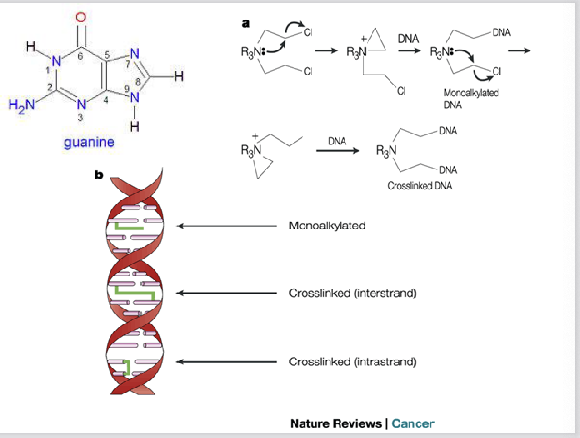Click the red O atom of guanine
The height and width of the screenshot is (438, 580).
coord(80,18)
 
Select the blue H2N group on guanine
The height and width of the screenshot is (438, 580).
coord(21,105)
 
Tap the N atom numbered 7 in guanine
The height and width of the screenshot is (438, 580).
coord(135,54)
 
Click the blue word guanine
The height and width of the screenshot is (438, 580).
coord(89,142)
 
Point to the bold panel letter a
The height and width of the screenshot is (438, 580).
coord(246,23)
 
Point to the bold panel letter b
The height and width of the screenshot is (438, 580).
coord(99,174)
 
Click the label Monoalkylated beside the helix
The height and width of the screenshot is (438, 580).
coord(327,226)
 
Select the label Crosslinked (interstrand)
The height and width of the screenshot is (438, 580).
coord(352,293)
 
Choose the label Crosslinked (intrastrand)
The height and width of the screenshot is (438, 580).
coord(352,362)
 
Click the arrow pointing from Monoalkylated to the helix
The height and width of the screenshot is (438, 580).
coord(226,226)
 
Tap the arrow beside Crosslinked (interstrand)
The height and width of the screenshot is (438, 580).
coord(226,293)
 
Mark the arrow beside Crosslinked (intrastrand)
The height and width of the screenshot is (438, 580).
coord(226,362)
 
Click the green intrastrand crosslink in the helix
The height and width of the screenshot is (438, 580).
coord(127,367)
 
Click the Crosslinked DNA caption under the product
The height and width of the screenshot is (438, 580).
coord(420,186)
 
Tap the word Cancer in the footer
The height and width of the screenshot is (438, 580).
coord(412,423)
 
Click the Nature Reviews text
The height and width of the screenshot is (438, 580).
coord(336,423)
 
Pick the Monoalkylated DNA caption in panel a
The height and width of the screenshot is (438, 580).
coord(471,99)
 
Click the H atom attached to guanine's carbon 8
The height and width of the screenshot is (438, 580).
coord(179,76)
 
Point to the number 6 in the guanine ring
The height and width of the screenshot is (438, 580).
coord(80,56)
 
